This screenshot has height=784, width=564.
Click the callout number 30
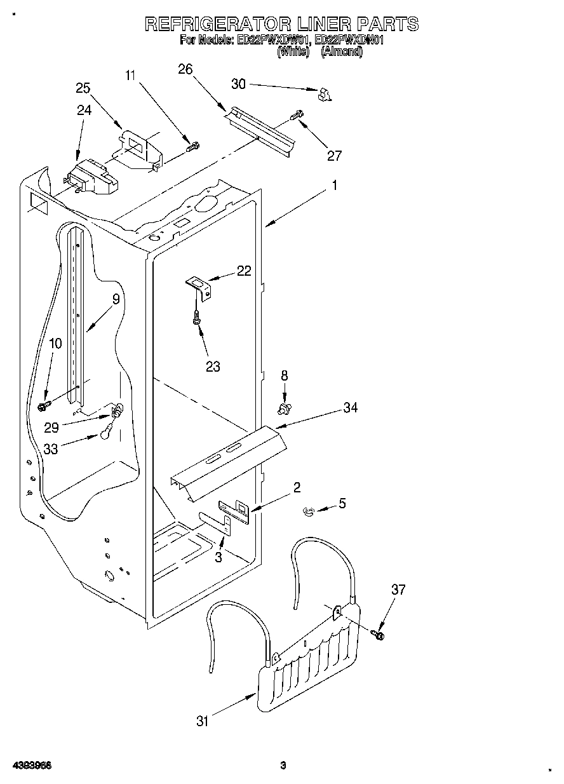(x=238, y=84)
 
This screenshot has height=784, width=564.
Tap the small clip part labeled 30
(x=325, y=94)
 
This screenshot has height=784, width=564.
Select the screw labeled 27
(x=297, y=116)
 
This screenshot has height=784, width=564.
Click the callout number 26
(x=185, y=69)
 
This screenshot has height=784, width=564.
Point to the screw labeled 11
(x=192, y=147)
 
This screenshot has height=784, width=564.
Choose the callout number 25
(x=83, y=88)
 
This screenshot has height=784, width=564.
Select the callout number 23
(x=213, y=367)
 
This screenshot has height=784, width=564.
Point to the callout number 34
(x=349, y=407)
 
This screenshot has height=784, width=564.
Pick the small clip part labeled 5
(x=309, y=510)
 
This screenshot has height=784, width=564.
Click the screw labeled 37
(x=379, y=633)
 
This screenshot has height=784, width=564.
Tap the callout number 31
(x=202, y=720)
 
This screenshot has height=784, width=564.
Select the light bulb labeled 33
(x=106, y=434)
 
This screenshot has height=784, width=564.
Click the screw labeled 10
(x=44, y=404)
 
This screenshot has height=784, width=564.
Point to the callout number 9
(x=116, y=299)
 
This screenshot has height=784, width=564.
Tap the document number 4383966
(x=31, y=765)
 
